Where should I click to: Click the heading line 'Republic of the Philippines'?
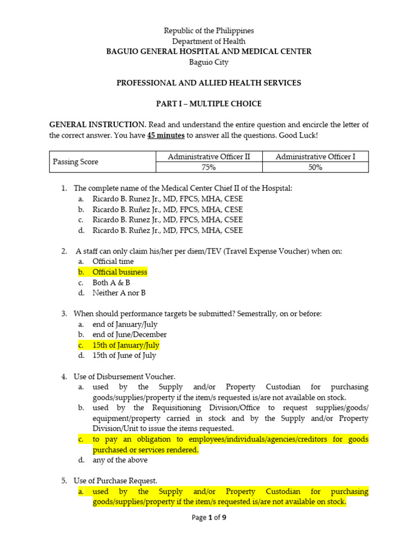209,31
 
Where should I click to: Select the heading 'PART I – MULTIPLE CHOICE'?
209,103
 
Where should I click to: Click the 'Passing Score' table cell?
75,162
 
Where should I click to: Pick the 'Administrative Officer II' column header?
209,157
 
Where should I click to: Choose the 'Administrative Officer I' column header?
315,157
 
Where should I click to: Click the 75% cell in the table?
209,168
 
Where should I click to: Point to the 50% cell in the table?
315,168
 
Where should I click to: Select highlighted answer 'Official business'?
120,272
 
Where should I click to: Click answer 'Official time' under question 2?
113,262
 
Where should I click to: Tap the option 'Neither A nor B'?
119,293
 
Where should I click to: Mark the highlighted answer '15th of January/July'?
126,345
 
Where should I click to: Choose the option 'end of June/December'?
130,335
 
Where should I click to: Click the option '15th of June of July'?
124,355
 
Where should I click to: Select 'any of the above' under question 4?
120,460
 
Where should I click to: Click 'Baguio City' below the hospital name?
209,62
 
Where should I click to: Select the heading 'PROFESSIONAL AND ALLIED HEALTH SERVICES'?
209,83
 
